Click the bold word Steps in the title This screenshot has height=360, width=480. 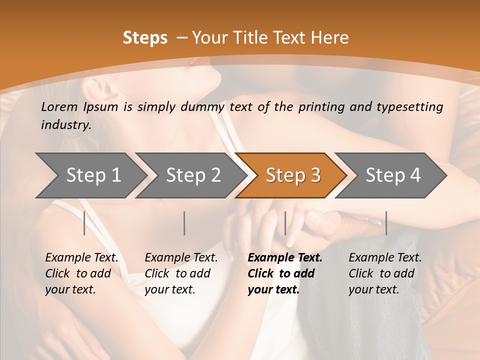tap(145, 38)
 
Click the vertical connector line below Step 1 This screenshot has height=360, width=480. tap(84, 223)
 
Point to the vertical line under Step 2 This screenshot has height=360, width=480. tap(184, 223)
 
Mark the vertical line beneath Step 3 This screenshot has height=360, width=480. tap(285, 223)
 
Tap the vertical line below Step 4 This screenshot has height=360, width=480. tap(386, 223)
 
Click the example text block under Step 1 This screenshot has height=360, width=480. tap(81, 273)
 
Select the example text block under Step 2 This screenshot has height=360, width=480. tap(181, 273)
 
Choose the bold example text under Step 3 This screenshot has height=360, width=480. tap(284, 273)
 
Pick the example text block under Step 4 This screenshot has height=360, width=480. tap(385, 273)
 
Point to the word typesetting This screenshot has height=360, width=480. tap(413, 106)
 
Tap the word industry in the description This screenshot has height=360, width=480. tap(66, 124)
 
